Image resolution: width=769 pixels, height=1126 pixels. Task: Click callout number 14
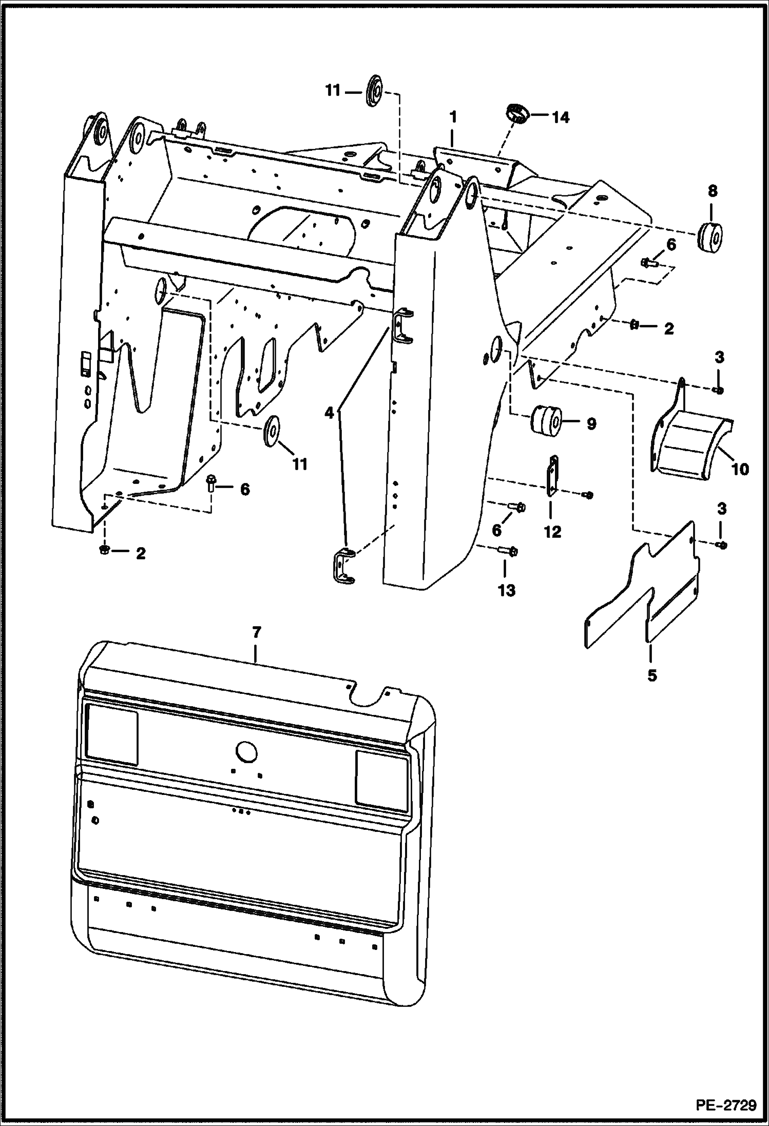point(560,118)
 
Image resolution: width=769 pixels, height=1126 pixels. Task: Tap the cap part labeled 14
point(516,113)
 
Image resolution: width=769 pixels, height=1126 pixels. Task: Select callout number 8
point(712,191)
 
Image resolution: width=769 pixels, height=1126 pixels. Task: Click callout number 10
point(740,469)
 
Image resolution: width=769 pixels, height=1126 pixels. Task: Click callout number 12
point(552,532)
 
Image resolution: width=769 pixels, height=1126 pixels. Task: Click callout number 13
point(506,590)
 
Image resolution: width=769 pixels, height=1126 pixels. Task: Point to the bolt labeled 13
point(508,552)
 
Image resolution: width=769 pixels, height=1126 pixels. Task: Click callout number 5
point(651,675)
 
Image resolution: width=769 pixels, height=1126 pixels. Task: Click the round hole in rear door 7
point(246,751)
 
